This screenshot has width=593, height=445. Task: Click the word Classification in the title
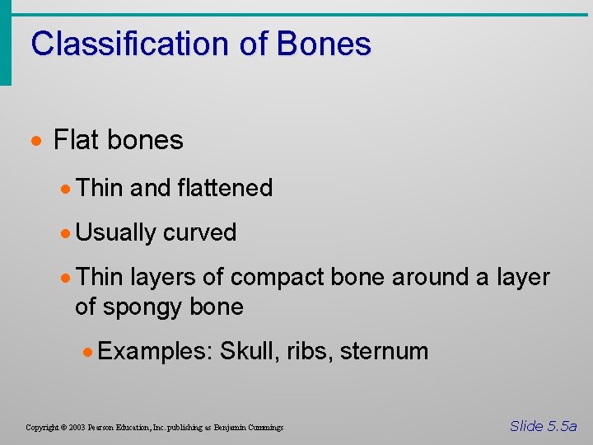click(131, 44)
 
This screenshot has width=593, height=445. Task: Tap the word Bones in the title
click(324, 44)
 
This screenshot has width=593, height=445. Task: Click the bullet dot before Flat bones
click(38, 141)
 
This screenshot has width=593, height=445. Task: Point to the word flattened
click(224, 188)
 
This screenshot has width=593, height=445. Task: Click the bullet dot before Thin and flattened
click(67, 189)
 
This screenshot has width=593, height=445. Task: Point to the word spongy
click(143, 307)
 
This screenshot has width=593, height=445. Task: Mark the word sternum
click(384, 351)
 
